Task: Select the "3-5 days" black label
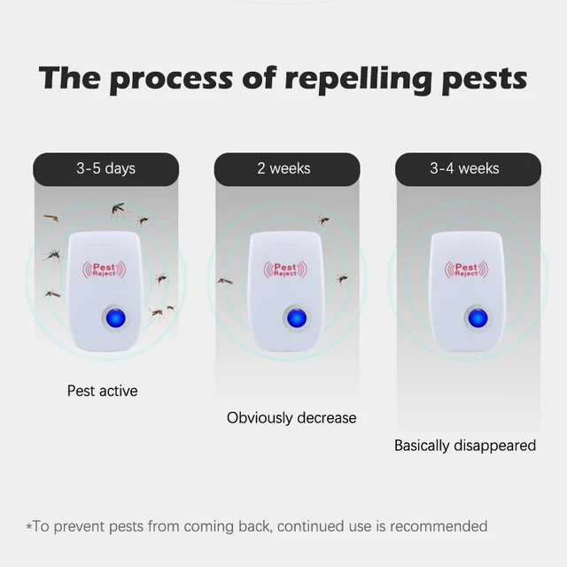coord(106,168)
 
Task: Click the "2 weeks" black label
coord(283,168)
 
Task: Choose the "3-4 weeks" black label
coord(464,168)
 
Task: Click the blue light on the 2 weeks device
coord(297,318)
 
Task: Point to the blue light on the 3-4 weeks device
coord(478,317)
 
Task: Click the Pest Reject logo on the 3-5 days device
coord(104,269)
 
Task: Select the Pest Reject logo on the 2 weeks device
coord(285,268)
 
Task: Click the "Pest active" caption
coord(103,390)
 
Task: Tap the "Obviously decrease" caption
coord(291,417)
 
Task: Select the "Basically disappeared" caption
coord(465,445)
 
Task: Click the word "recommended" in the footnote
coord(439,526)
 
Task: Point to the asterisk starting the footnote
coord(29,527)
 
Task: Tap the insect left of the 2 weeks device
coord(225,281)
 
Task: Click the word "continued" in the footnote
coord(314,526)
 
